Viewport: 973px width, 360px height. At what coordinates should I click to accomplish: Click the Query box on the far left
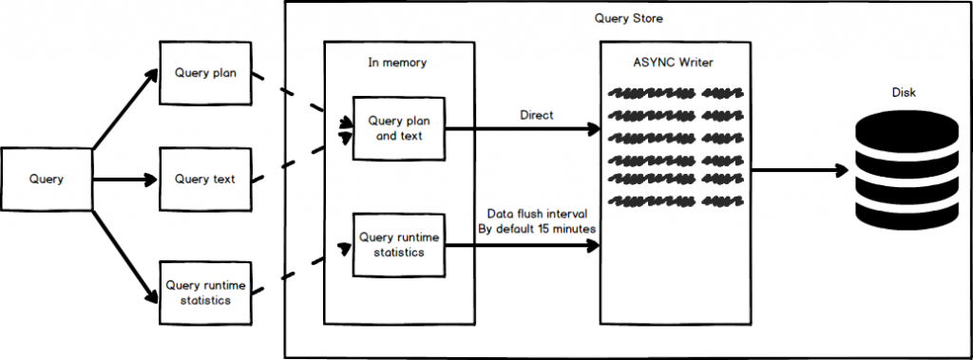[x=47, y=179]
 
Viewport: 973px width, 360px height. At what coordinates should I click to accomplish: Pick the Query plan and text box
[x=397, y=128]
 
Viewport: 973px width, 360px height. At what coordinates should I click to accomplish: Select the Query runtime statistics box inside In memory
[x=397, y=244]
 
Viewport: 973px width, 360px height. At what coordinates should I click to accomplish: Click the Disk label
[x=903, y=93]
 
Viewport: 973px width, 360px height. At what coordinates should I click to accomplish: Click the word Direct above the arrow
[x=538, y=114]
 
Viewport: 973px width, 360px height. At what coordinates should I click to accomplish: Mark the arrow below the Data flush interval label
[x=523, y=245]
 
